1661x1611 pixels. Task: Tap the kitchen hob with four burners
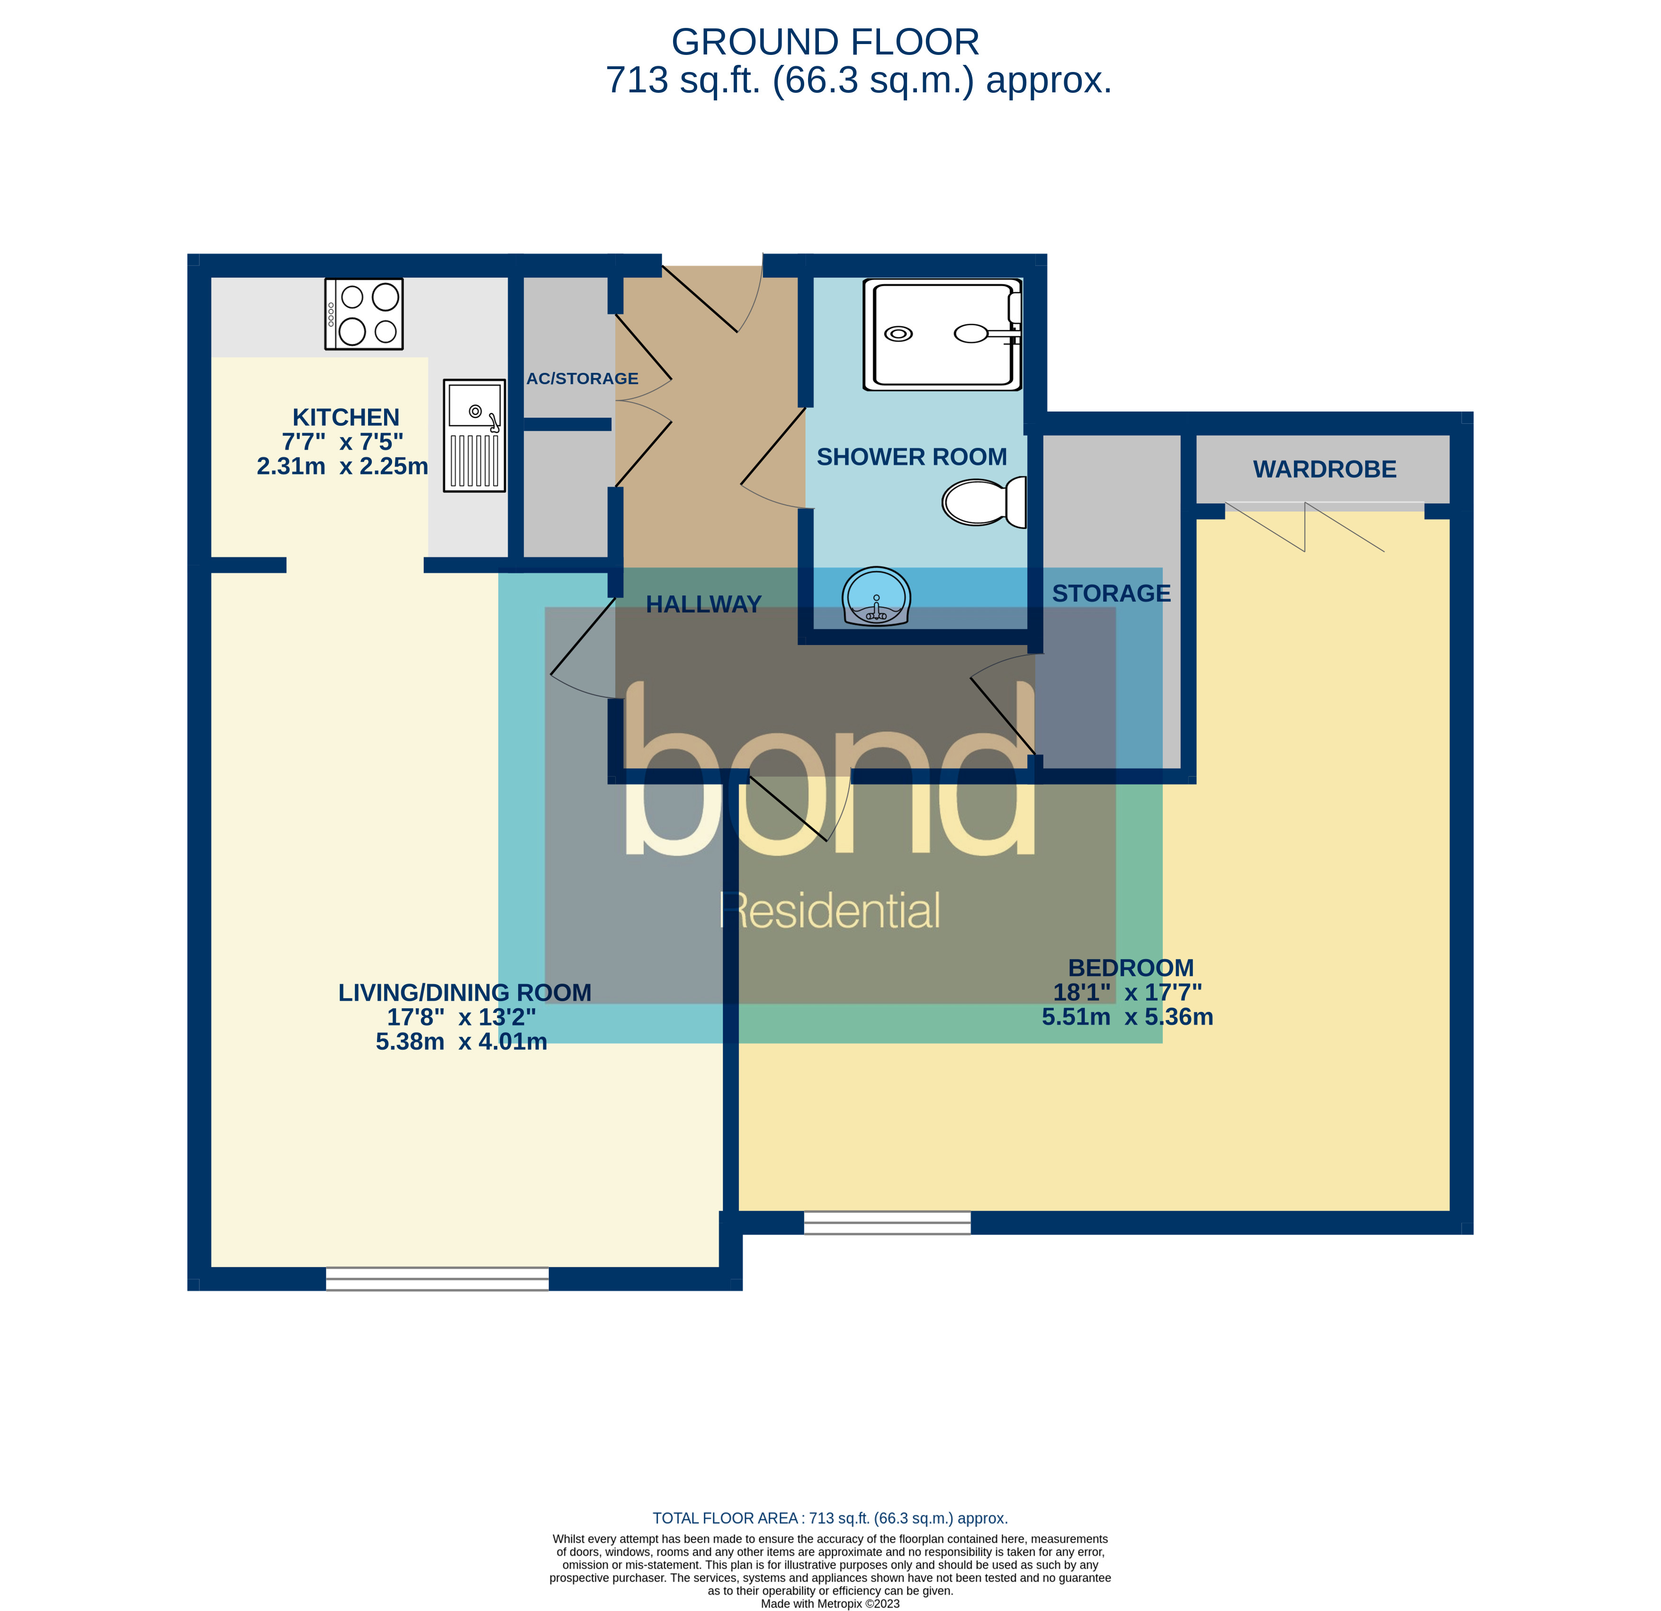[364, 313]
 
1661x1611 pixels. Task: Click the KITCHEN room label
[346, 417]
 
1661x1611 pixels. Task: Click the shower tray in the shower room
[942, 335]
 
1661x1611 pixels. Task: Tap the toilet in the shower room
[983, 501]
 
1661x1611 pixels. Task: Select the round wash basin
[876, 598]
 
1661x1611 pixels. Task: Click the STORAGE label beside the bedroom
[1111, 593]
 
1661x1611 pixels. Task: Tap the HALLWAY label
[703, 604]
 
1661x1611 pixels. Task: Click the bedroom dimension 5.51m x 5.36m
[1127, 1017]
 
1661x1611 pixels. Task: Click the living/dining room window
[437, 1279]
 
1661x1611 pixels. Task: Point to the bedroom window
[887, 1222]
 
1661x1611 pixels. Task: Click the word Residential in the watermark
[830, 911]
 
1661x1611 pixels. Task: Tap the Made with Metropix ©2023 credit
[830, 1603]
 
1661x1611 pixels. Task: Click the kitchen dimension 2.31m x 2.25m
[342, 466]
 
